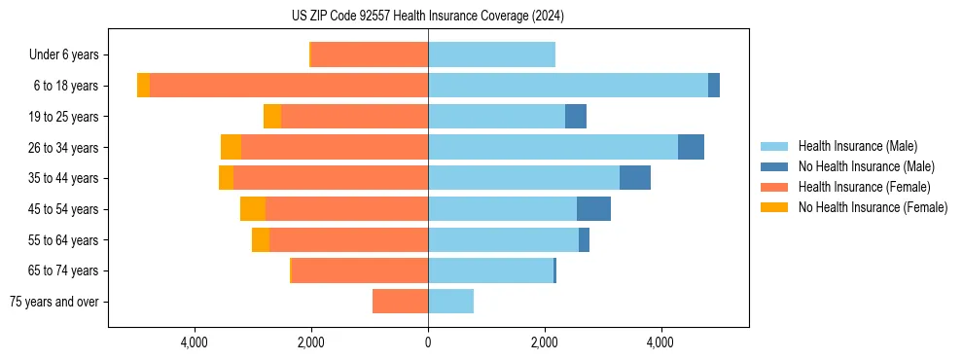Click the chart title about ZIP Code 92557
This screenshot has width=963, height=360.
pyautogui.click(x=428, y=17)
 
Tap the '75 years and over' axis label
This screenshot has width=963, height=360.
pyautogui.click(x=54, y=302)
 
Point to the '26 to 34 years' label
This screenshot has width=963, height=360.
pyautogui.click(x=64, y=147)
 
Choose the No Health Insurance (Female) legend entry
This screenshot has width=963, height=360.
pyautogui.click(x=873, y=207)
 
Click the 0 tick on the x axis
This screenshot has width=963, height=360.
pyautogui.click(x=428, y=342)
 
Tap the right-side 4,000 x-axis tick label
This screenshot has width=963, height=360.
pyautogui.click(x=660, y=342)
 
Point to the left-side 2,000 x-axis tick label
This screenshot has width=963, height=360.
pyautogui.click(x=311, y=342)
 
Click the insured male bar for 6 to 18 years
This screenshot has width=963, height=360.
pyautogui.click(x=568, y=86)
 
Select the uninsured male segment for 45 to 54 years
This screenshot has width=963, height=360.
pyautogui.click(x=593, y=209)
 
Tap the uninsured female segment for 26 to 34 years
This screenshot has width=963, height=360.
pyautogui.click(x=231, y=147)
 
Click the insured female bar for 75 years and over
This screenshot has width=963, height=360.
pyautogui.click(x=400, y=302)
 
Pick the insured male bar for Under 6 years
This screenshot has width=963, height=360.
pyautogui.click(x=491, y=54)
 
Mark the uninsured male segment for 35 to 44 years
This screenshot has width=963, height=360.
pyautogui.click(x=635, y=178)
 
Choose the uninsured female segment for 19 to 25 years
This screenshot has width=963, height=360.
pyautogui.click(x=272, y=117)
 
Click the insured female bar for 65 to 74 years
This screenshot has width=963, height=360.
pyautogui.click(x=360, y=270)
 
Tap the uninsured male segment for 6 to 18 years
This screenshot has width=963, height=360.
pyautogui.click(x=714, y=86)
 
